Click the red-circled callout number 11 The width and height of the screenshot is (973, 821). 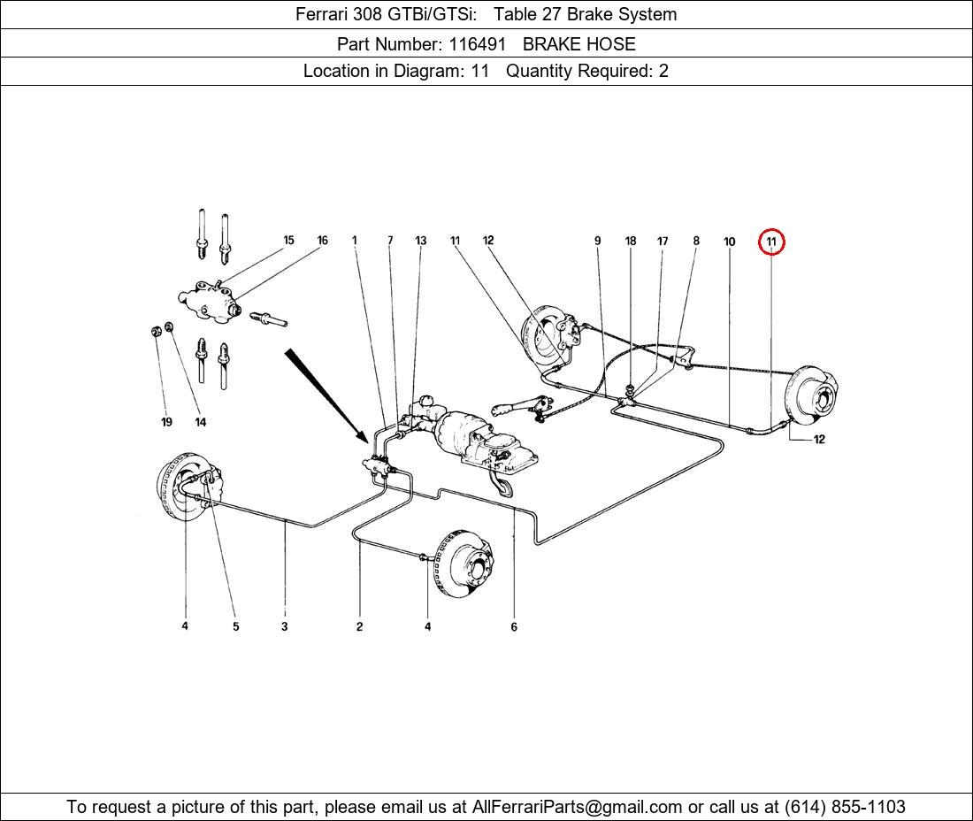point(771,242)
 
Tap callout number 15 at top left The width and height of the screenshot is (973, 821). point(288,240)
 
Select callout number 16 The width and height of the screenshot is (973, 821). point(323,240)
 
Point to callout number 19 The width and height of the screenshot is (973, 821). point(166,422)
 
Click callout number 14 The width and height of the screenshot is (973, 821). point(201,422)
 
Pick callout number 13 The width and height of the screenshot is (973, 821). point(421,240)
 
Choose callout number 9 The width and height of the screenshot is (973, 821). point(598,241)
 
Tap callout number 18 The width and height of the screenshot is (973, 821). point(631,241)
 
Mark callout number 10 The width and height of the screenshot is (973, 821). point(729,242)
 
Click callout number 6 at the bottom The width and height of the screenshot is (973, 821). point(514,626)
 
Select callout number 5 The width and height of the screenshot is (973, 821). point(236,626)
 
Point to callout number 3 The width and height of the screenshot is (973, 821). point(284,626)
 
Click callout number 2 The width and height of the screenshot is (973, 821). point(359,626)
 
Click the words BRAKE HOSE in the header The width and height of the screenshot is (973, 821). point(579,44)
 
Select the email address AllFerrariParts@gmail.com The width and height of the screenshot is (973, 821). point(577,807)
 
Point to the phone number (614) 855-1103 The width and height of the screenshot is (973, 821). point(845,807)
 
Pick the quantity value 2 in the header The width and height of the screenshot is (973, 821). point(663,71)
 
